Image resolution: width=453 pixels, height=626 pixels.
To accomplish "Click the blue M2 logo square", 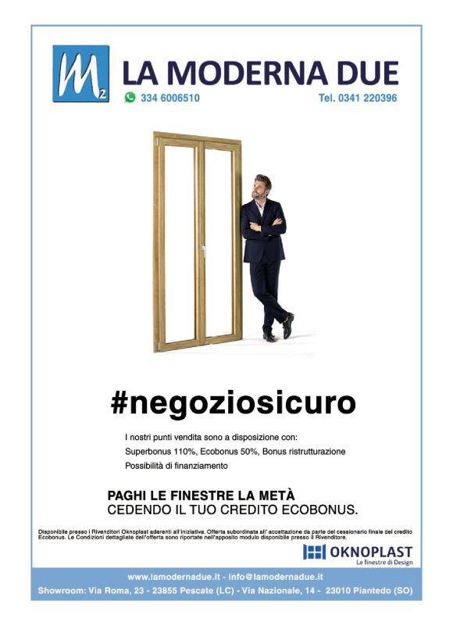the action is click(x=81, y=74).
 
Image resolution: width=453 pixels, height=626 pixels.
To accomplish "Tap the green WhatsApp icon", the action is click(x=130, y=98).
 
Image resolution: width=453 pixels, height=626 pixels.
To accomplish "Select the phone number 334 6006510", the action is click(x=170, y=98).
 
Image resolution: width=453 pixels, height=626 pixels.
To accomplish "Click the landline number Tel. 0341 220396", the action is click(x=358, y=98).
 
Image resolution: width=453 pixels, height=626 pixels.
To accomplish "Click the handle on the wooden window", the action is click(x=202, y=252).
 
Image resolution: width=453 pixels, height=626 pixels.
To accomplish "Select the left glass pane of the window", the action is click(x=179, y=242).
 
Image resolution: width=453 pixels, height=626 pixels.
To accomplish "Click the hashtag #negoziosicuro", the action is click(x=233, y=403).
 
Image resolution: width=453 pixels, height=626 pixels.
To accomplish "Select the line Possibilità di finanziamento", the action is click(x=176, y=466).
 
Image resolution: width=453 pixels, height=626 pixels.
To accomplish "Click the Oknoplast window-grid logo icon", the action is click(x=313, y=553).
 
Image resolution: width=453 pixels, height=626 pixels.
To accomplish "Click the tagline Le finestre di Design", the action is click(x=383, y=563).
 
